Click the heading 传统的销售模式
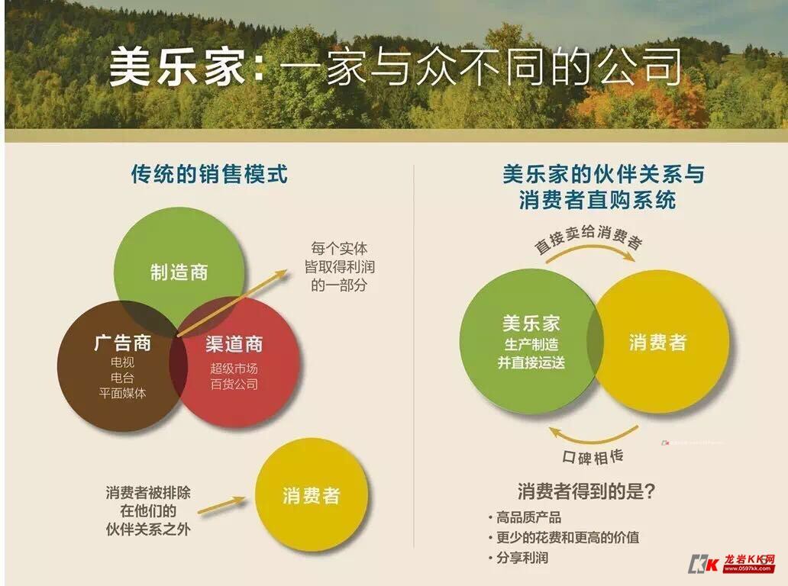(x=209, y=174)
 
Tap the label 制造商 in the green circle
(x=179, y=272)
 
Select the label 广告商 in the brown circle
(x=122, y=343)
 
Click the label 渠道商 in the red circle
(x=234, y=344)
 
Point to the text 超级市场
(x=234, y=369)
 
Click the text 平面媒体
(x=122, y=394)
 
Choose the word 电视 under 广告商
(x=122, y=362)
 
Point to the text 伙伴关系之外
(x=148, y=528)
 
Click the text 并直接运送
(x=531, y=362)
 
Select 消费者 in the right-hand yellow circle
(x=657, y=342)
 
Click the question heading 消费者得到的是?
(x=586, y=491)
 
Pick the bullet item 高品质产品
(x=528, y=517)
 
